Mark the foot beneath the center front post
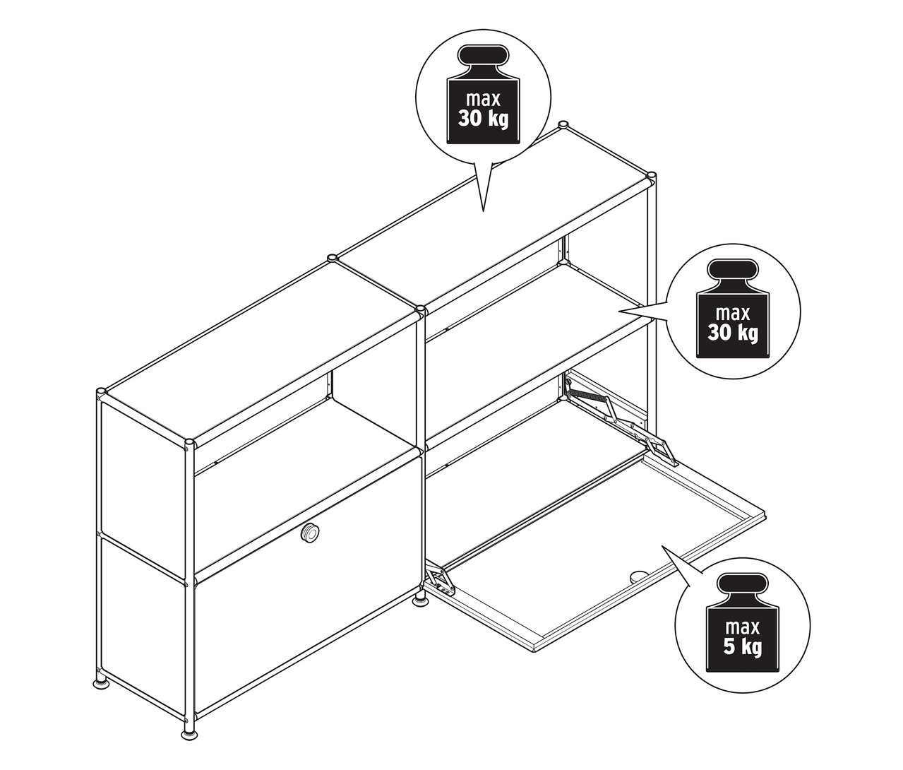[x=420, y=601]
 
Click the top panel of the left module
[x=261, y=346]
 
